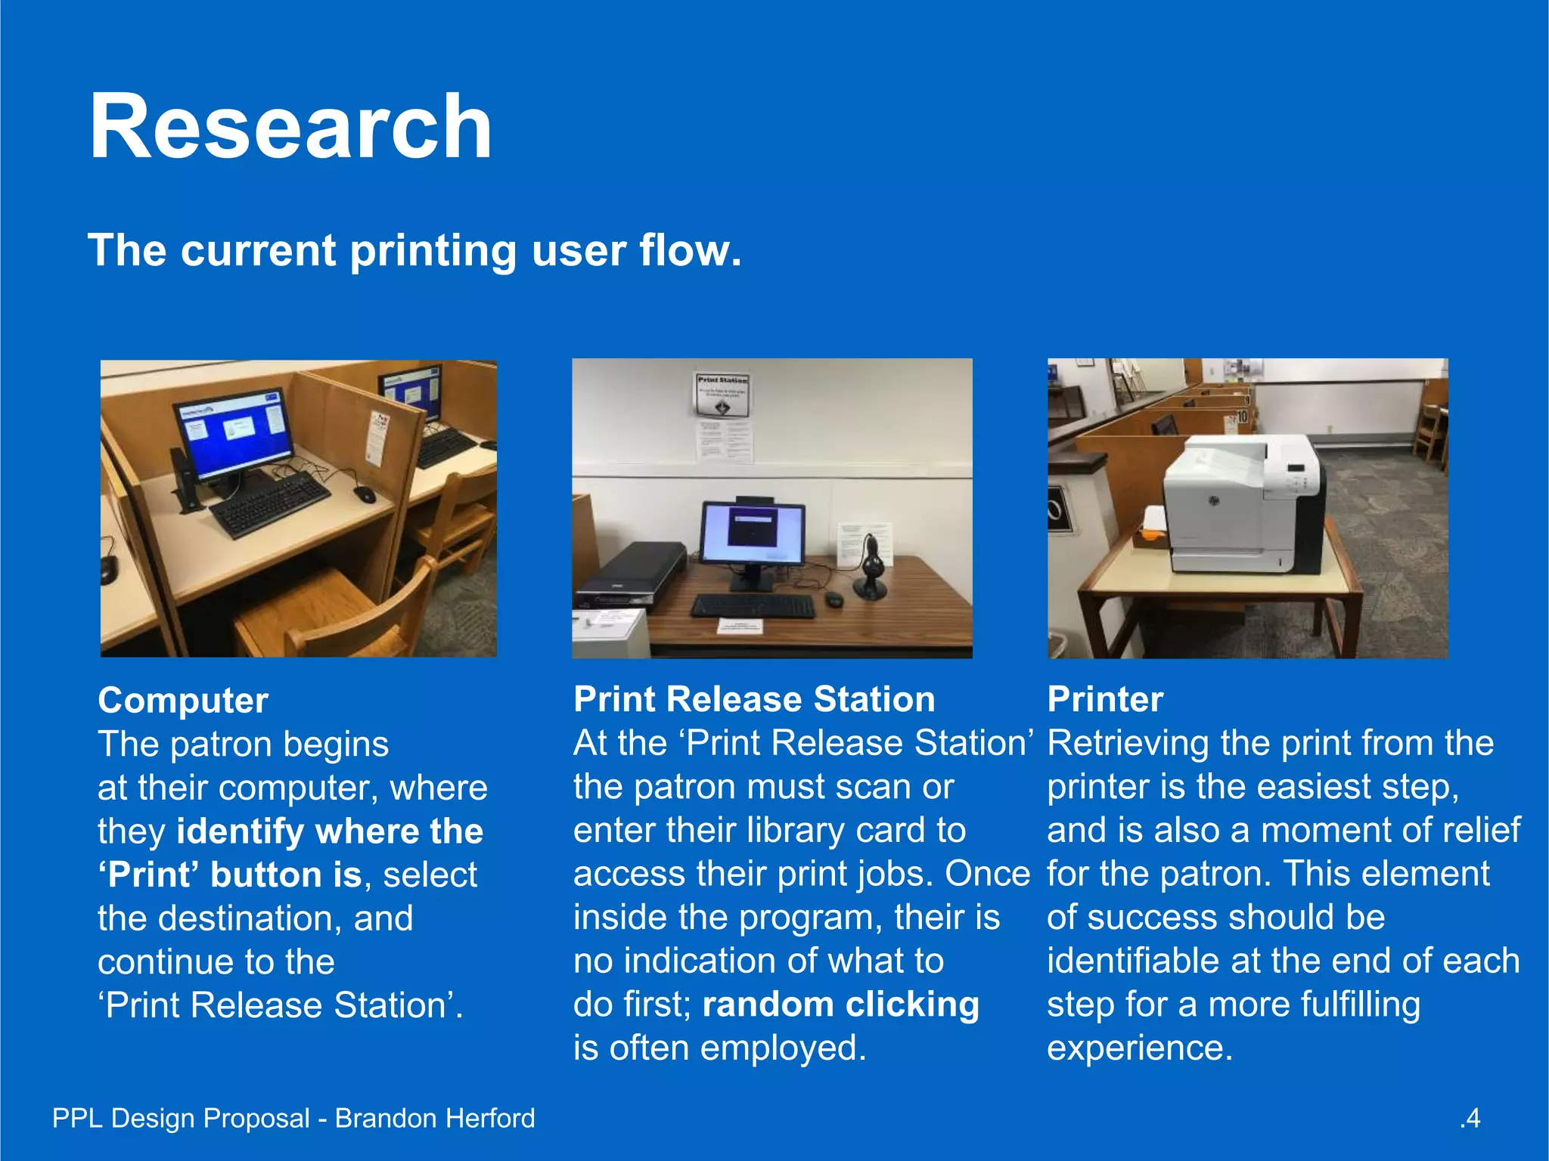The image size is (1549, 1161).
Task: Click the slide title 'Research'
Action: [x=290, y=126]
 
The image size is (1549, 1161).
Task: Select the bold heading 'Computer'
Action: [x=183, y=700]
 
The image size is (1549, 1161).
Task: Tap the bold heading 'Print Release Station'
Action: [x=754, y=699]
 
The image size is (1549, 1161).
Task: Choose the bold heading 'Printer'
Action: [x=1105, y=699]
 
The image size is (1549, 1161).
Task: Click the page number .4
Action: [x=1470, y=1118]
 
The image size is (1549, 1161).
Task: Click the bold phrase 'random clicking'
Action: [x=840, y=1005]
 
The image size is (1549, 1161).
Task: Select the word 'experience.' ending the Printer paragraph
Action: [x=1140, y=1048]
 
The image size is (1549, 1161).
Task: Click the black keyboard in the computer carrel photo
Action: [x=269, y=502]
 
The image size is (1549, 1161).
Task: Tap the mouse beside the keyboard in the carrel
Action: [x=365, y=494]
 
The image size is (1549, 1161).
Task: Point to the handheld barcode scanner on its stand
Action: [x=872, y=567]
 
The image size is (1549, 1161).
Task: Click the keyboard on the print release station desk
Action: [x=753, y=605]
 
